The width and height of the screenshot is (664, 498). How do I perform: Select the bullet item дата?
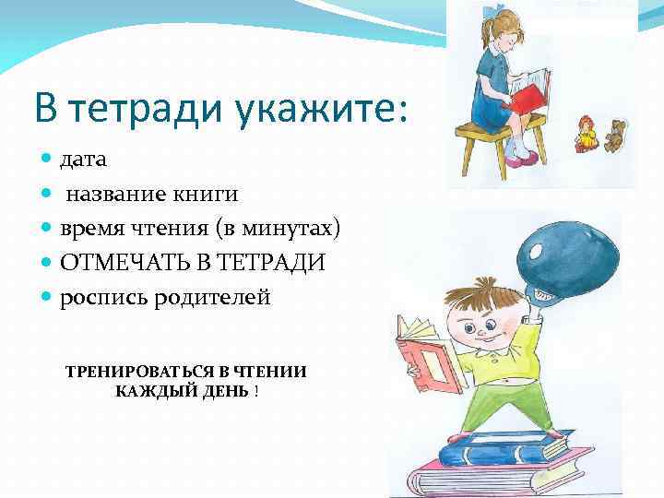pos(83,160)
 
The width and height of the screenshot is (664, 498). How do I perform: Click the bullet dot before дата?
pos(47,160)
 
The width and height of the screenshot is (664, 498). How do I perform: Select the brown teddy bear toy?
pos(613,136)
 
